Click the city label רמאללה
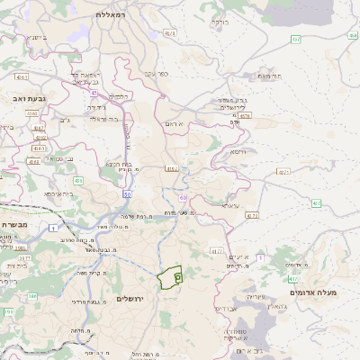click(114, 15)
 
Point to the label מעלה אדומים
click(312, 292)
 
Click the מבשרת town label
click(16, 224)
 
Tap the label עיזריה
click(256, 295)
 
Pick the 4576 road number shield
click(246, 115)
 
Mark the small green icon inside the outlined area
click(177, 279)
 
